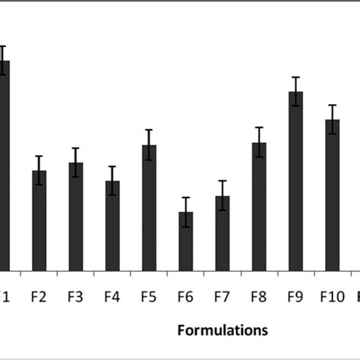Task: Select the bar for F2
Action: [39, 220]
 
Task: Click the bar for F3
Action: [76, 216]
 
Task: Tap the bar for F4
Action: [112, 226]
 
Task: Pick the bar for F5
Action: [149, 207]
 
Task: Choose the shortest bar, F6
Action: [185, 241]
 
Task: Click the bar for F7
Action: [222, 233]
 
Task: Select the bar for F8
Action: [259, 206]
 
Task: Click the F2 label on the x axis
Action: [39, 297]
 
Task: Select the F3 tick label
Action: [76, 297]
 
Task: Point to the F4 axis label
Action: [112, 297]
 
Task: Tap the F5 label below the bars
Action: [149, 297]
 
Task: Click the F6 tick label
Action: [185, 297]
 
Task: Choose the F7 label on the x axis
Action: [222, 297]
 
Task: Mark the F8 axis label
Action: [259, 297]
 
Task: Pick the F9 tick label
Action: [295, 297]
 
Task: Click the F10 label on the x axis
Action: [332, 297]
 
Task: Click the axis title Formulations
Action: [223, 330]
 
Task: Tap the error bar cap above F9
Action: [295, 77]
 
